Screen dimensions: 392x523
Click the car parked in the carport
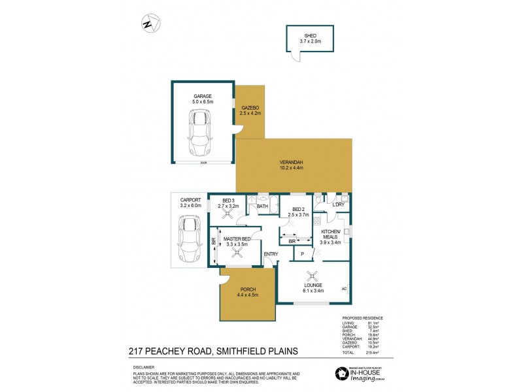[189, 238]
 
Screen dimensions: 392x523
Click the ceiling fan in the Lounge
[313, 276]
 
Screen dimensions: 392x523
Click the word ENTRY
[271, 253]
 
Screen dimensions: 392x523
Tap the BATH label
[262, 206]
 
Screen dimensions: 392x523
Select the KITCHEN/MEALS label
[329, 235]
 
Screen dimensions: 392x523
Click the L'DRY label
[339, 205]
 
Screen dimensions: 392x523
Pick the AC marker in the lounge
[344, 288]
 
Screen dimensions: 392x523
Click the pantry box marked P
[302, 253]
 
